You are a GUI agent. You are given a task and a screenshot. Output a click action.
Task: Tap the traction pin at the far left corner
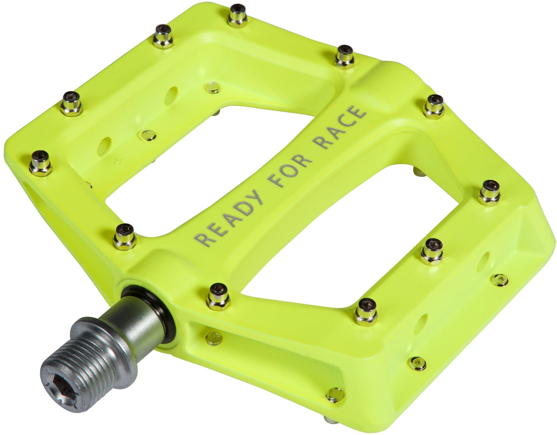pyautogui.click(x=40, y=162)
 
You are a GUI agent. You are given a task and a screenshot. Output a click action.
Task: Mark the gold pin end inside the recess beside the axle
pyautogui.click(x=211, y=338)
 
